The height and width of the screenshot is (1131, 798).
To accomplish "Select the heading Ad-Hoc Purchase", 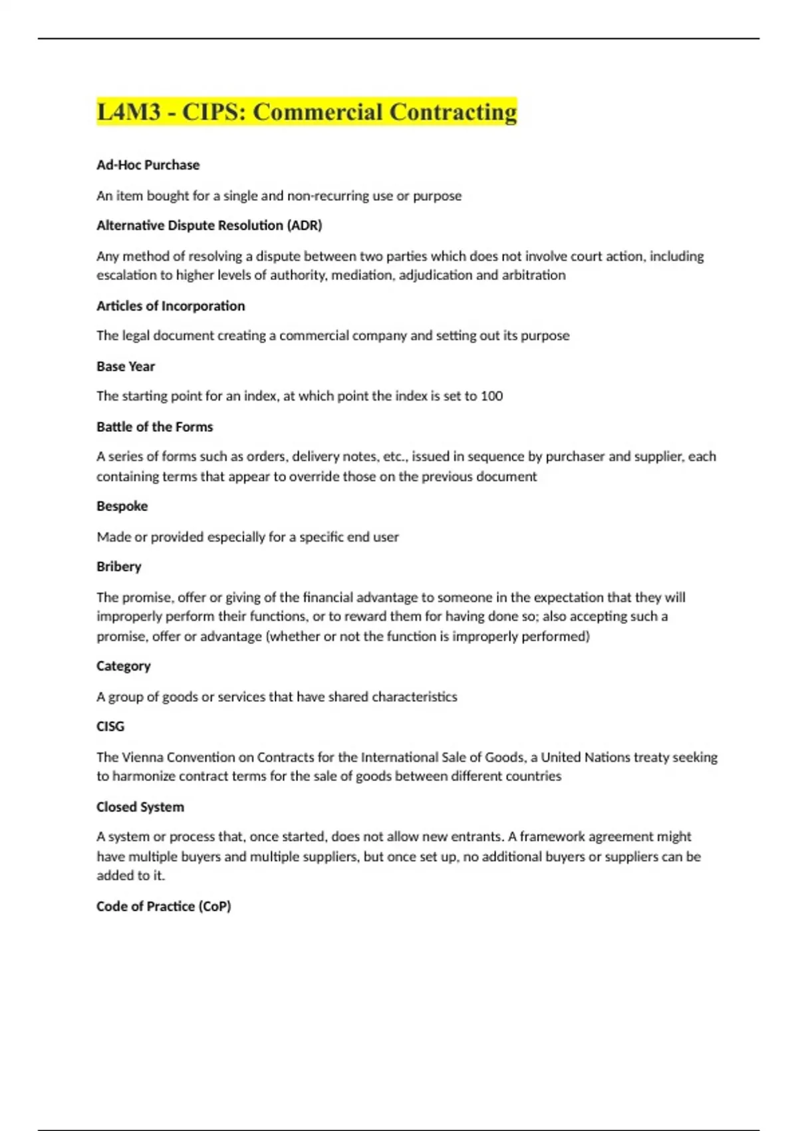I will click(148, 165).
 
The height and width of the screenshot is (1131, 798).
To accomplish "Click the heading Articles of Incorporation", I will click(170, 306).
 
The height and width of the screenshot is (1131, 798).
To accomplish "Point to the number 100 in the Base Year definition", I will click(491, 396).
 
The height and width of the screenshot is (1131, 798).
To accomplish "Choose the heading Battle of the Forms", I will click(154, 427).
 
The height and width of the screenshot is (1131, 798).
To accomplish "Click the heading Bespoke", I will click(122, 506).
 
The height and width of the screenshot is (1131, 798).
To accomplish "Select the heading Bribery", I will click(118, 567).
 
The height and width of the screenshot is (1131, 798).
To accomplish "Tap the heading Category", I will click(123, 666).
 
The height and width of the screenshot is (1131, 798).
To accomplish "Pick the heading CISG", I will click(110, 727).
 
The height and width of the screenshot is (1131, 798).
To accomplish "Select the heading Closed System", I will click(140, 807).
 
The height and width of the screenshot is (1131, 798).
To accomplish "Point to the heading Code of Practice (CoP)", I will click(164, 906).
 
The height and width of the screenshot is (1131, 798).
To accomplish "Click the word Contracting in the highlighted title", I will click(452, 112).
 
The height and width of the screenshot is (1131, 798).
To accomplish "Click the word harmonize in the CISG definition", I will click(144, 776).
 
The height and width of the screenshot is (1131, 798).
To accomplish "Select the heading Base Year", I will click(125, 367).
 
